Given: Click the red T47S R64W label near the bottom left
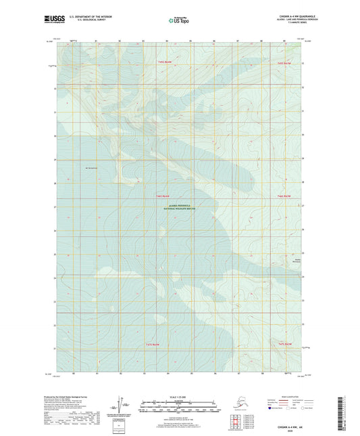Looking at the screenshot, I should tap(158, 346).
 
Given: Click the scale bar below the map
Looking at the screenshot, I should tap(180, 410).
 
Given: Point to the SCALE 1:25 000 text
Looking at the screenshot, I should tap(180, 396).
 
